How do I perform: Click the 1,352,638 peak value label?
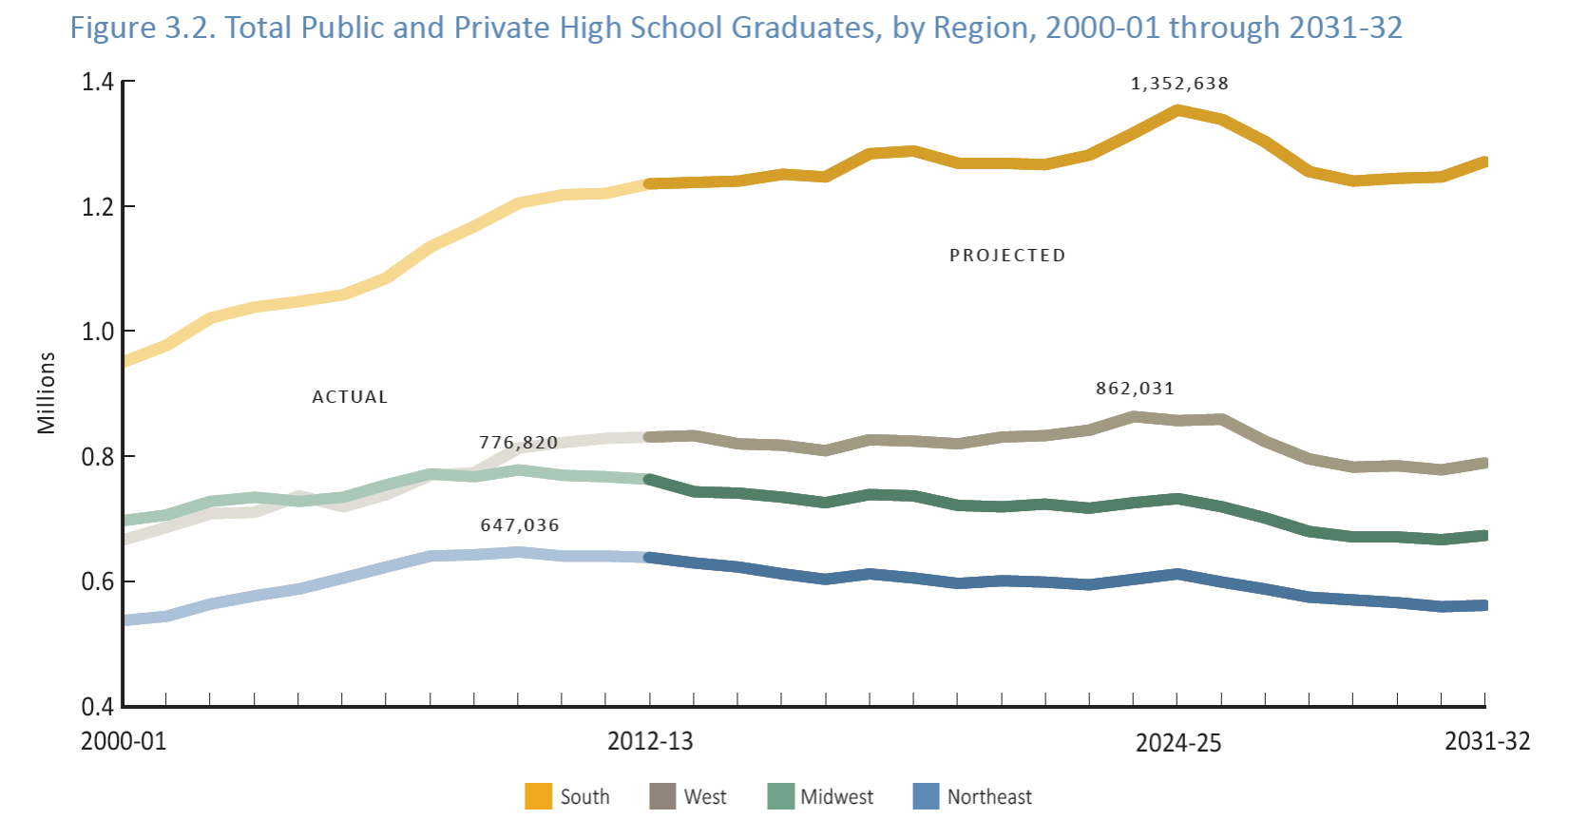[1179, 84]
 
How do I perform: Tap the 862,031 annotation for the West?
[1135, 389]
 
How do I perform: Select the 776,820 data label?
[518, 443]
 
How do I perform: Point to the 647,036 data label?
[520, 525]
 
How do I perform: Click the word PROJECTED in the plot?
[1007, 256]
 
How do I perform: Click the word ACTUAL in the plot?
[350, 397]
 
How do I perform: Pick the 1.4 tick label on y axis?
[97, 83]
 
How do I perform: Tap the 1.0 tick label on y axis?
[97, 332]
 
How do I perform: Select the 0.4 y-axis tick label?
[97, 707]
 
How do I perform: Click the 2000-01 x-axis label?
[124, 741]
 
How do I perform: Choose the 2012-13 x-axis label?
[650, 741]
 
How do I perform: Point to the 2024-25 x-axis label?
[1178, 743]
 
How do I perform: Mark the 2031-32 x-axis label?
[1487, 741]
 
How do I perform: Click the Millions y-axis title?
[47, 393]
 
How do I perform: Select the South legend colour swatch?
[538, 796]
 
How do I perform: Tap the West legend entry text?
[705, 797]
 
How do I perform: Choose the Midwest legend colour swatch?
[780, 796]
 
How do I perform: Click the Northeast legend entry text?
[989, 797]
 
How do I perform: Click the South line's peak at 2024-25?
[1178, 110]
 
